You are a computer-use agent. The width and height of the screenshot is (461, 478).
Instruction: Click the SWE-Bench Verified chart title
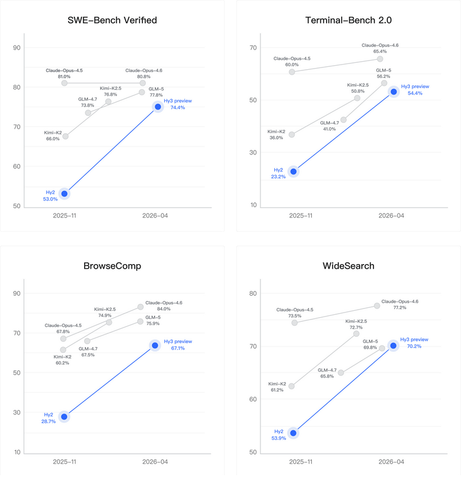coord(112,21)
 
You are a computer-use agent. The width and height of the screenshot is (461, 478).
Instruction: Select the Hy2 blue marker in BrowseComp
coord(65,416)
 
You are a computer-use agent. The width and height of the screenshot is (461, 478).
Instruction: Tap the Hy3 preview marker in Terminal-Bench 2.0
coord(394,92)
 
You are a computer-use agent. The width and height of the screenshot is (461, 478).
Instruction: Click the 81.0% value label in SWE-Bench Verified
coord(64,76)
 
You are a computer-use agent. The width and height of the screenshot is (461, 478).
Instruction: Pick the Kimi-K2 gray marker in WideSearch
coord(292,386)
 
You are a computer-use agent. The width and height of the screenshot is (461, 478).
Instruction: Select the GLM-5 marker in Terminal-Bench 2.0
coord(384,83)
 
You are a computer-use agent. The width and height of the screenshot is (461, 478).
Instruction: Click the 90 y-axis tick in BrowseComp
coord(17,293)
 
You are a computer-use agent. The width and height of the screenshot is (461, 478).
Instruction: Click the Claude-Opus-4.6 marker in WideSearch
coord(377,306)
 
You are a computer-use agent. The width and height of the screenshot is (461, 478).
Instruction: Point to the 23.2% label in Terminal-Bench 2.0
coord(278,177)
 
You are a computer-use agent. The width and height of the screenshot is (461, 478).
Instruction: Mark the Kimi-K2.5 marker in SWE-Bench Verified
coord(108,101)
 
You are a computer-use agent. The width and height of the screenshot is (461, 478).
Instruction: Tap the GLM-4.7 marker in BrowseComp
coord(88,341)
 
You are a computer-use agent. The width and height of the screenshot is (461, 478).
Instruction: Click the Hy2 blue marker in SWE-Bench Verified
coord(65,194)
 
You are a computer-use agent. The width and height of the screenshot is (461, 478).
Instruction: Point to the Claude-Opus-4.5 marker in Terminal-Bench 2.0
coord(292,72)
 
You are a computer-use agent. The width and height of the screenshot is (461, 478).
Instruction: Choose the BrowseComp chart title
coord(112,267)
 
